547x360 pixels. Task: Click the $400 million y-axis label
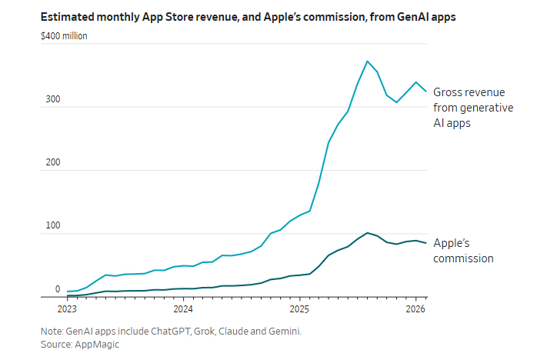click(x=64, y=36)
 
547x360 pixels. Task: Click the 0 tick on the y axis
click(x=57, y=289)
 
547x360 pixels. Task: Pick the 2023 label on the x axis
click(x=67, y=308)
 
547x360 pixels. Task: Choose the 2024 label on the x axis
click(x=183, y=308)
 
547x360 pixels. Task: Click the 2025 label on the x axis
click(x=299, y=308)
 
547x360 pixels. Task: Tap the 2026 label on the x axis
click(x=415, y=308)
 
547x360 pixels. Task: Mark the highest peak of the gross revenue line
click(x=368, y=61)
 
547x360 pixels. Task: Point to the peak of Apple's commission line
click(x=368, y=232)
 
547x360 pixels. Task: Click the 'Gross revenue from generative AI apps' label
click(x=473, y=108)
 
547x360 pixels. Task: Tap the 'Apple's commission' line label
click(x=463, y=251)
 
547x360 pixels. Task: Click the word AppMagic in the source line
click(x=96, y=345)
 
